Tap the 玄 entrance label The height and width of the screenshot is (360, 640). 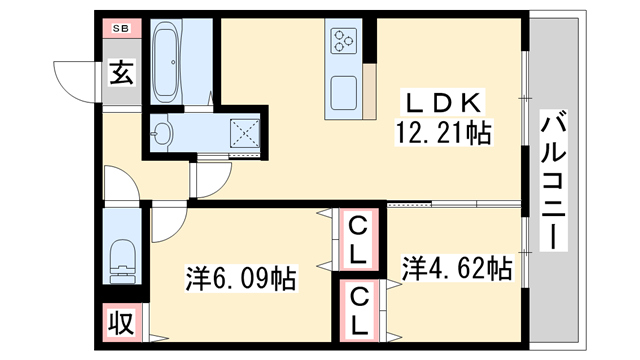(121, 73)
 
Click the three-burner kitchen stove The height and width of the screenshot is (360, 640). (343, 41)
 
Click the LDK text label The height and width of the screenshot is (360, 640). (444, 101)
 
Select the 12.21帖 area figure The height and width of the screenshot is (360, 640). (446, 132)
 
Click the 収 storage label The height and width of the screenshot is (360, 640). (121, 324)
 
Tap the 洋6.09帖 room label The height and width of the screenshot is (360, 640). (241, 277)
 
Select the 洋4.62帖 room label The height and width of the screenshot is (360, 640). (457, 268)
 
